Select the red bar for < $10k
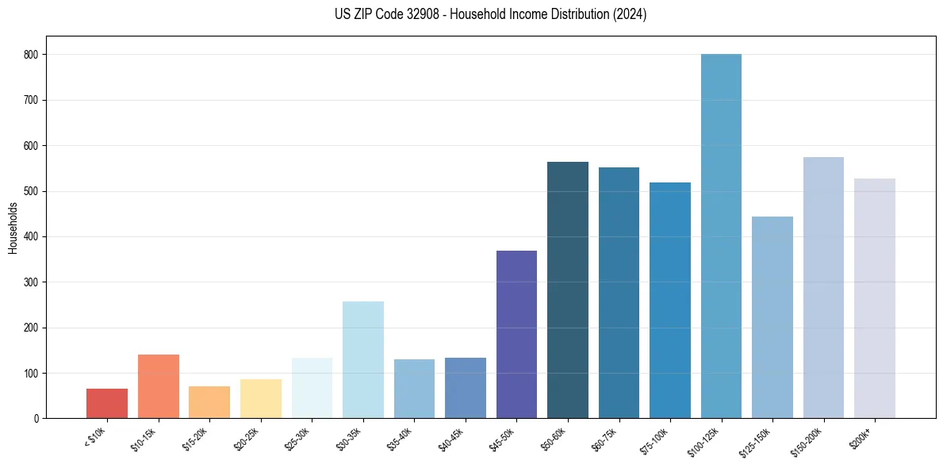click(x=107, y=403)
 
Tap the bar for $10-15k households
click(x=158, y=386)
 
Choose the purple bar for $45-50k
click(x=516, y=334)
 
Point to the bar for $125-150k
click(x=772, y=317)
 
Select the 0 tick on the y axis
click(x=38, y=418)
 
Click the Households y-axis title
click(x=13, y=228)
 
